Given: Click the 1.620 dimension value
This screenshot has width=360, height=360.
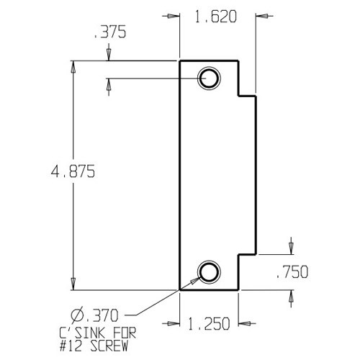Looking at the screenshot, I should click(x=217, y=15).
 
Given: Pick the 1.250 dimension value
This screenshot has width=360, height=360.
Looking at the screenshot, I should click(x=210, y=325).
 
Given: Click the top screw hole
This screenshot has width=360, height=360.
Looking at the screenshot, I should click(x=210, y=78).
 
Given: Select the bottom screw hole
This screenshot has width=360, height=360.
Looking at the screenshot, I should click(x=210, y=271).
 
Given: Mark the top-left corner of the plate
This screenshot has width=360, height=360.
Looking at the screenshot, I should click(x=179, y=60).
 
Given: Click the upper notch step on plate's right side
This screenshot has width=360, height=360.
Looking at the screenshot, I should click(x=248, y=94).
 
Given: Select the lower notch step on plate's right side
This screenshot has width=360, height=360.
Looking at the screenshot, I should click(x=248, y=254).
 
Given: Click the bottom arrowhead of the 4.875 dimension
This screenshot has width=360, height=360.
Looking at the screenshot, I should click(x=73, y=284).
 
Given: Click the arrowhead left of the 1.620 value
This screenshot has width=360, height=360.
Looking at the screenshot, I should click(x=174, y=15).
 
